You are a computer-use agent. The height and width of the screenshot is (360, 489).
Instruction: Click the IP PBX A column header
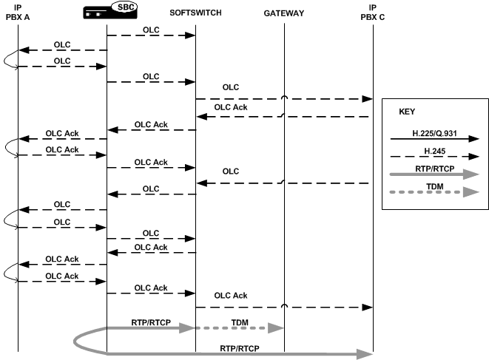tap(18, 13)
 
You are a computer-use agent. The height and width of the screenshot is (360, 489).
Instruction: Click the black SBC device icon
tap(99, 12)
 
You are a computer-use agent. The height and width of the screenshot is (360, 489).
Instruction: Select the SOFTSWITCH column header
tap(195, 13)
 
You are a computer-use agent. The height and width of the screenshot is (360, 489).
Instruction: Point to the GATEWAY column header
tap(284, 13)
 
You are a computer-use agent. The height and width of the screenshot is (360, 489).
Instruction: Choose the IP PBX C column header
tap(373, 13)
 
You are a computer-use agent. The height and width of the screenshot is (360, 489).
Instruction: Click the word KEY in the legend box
tap(407, 112)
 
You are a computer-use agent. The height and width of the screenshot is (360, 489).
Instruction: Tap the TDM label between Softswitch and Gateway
tap(240, 322)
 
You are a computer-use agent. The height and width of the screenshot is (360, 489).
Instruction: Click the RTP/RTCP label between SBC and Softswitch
tap(151, 322)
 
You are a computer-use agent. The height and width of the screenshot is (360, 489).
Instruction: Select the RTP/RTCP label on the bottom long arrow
tap(240, 347)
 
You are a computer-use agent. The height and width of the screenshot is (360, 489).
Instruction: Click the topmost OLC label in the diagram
tap(151, 29)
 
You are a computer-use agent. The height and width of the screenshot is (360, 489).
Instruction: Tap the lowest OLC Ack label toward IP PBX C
tap(231, 296)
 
